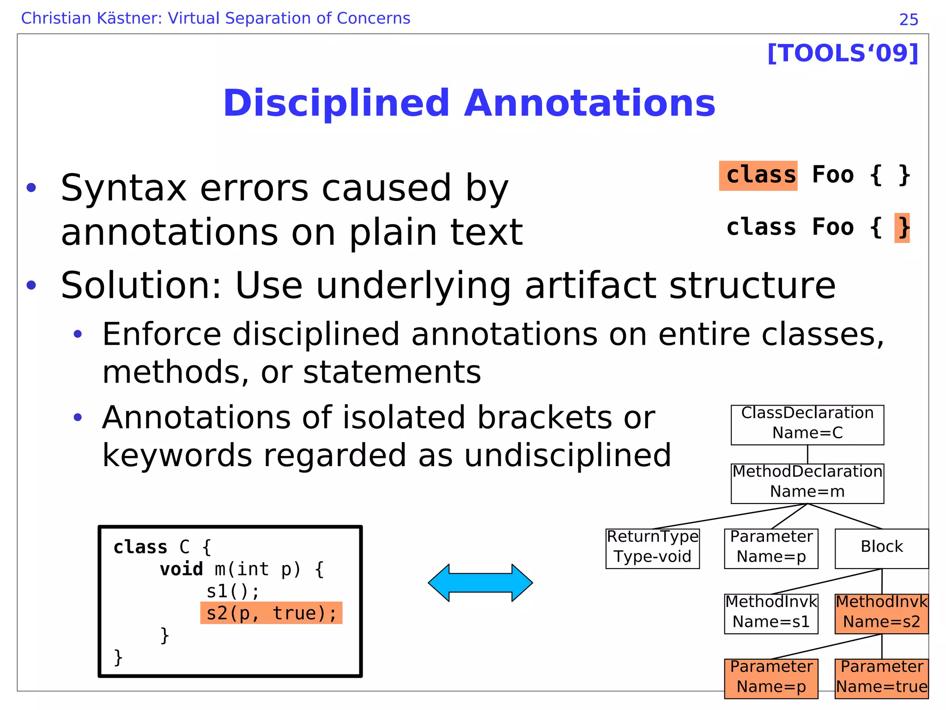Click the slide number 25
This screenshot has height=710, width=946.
909,20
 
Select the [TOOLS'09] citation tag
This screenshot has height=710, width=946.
843,53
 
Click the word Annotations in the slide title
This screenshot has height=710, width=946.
589,103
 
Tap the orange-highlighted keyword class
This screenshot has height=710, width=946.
758,176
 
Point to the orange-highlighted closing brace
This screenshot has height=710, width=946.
902,228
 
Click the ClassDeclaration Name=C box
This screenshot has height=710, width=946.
807,425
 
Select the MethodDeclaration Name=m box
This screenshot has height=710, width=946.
807,483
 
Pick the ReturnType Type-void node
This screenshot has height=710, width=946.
652,548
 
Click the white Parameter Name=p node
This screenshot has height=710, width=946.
771,548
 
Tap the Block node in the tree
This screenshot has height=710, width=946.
881,548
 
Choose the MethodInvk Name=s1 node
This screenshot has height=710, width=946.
771,613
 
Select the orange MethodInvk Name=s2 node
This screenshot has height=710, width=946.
881,613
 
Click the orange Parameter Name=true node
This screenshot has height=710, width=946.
881,678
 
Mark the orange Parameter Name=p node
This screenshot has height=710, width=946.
771,678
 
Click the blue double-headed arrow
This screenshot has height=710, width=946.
480,583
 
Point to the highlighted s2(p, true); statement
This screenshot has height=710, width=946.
271,613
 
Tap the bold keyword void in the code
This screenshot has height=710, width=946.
181,569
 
